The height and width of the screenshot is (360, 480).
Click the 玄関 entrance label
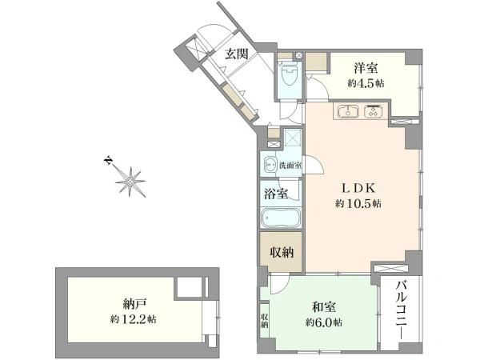236,54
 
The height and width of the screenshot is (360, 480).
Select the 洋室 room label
366,68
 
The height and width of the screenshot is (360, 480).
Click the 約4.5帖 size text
366,83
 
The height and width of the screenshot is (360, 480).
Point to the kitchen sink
348,111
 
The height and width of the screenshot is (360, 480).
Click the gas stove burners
373,111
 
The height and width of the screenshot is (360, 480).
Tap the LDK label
358,188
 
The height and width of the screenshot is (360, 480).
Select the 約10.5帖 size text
358,203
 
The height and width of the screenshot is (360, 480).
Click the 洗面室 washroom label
290,166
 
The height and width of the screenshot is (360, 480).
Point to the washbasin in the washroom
270,165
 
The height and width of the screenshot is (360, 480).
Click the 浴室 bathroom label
276,194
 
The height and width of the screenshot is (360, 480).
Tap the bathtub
281,218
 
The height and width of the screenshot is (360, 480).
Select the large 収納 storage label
282,252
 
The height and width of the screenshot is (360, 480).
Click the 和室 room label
323,307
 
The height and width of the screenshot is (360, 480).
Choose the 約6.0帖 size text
323,322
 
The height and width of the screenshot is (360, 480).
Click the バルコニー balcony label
401,310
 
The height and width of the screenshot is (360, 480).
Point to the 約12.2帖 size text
134,319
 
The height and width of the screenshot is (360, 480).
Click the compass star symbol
130,182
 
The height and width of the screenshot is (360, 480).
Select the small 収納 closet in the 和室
264,321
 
